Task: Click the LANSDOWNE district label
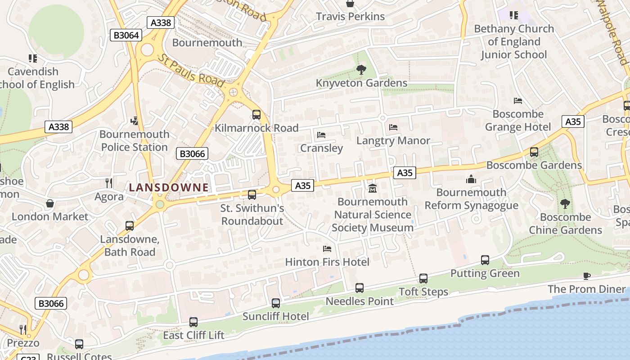169,188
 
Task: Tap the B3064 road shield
126,35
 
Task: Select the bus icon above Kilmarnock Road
256,114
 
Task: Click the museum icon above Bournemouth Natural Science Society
372,188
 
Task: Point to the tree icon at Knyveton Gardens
361,70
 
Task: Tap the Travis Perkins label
350,17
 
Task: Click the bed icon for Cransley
321,135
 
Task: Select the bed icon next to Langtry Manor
393,127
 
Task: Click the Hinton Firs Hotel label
327,262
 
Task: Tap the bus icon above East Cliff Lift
193,322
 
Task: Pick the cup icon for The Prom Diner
586,275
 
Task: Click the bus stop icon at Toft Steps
423,278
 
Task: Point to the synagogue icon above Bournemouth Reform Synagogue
471,179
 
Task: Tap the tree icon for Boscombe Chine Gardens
565,204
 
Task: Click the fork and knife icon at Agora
108,183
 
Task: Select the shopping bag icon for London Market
50,203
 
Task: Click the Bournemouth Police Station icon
134,121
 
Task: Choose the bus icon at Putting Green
485,260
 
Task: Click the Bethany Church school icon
513,15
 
